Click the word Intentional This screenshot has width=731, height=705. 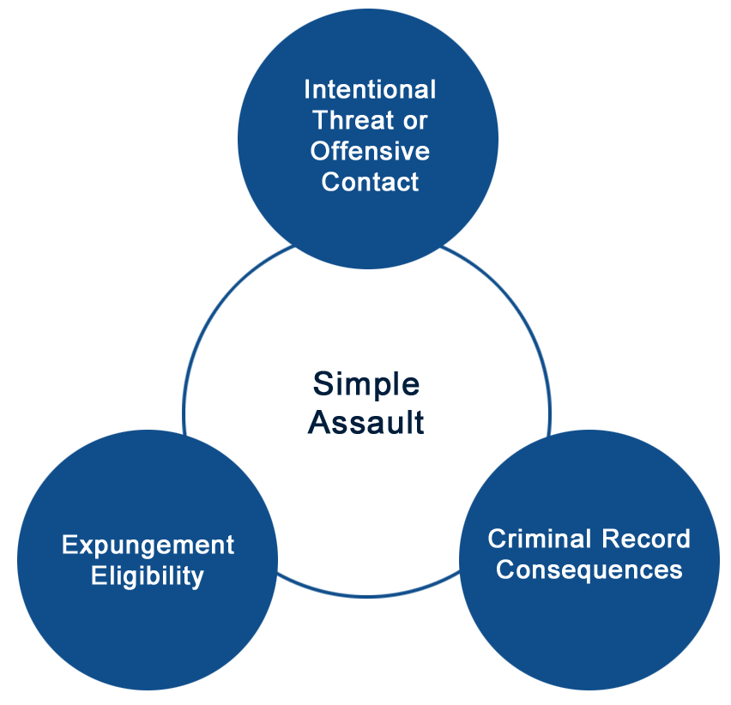370,89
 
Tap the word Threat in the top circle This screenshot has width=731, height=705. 353,120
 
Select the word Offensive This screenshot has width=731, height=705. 370,150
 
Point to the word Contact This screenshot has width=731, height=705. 370,181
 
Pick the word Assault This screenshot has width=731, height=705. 366,422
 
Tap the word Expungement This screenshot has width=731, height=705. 148,546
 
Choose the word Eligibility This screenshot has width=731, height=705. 148,576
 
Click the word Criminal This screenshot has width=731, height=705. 540,539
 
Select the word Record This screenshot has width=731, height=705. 646,539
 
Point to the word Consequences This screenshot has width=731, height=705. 589,569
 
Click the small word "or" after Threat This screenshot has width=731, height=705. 415,121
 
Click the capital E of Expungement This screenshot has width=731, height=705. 70,545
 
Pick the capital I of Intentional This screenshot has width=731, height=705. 308,89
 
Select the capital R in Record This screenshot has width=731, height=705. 611,539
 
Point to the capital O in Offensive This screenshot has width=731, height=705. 321,150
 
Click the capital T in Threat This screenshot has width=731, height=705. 322,120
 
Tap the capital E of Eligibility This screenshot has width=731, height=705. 100,575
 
